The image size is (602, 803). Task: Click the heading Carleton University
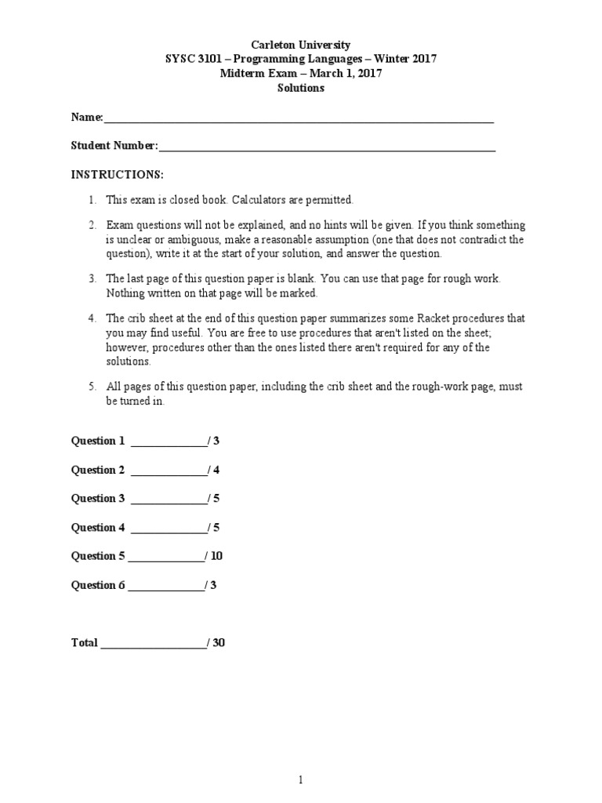(301, 45)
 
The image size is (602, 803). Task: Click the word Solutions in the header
(301, 88)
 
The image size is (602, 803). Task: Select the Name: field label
(87, 117)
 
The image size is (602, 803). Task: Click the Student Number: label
(114, 146)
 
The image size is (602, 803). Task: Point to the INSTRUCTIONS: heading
(118, 174)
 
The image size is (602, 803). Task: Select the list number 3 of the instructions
(92, 278)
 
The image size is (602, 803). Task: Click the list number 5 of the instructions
(92, 387)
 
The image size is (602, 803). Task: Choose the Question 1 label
(98, 441)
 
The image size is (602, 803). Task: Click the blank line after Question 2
(169, 471)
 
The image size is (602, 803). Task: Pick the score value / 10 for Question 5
(214, 556)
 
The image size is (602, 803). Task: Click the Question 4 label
(98, 527)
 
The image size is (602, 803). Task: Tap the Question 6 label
(98, 585)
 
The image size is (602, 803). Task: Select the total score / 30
(216, 643)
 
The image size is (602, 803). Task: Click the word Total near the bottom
(85, 643)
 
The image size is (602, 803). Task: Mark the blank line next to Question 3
(169, 500)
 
